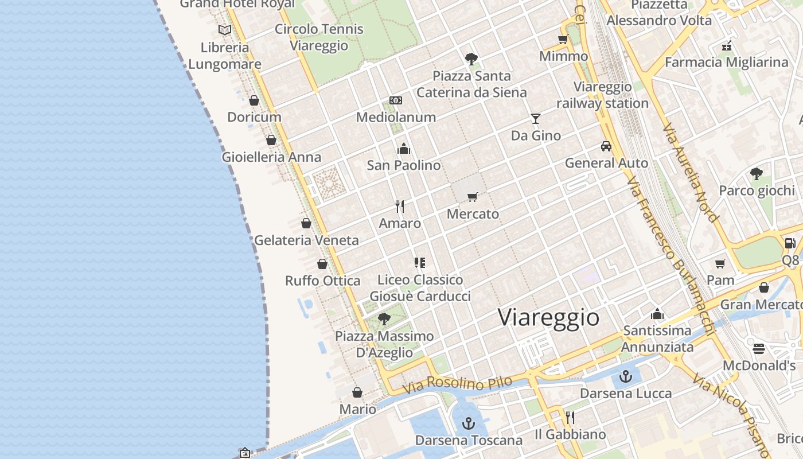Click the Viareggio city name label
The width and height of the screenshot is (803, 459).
(548, 317)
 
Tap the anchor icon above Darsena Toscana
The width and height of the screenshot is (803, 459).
(469, 423)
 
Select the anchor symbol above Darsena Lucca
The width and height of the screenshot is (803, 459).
(626, 376)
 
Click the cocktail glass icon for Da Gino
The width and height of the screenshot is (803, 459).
(536, 119)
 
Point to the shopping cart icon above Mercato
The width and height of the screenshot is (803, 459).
(473, 197)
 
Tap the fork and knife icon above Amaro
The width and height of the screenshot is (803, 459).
(400, 207)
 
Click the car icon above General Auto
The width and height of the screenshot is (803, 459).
(606, 146)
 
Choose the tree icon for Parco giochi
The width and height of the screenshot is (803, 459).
(757, 173)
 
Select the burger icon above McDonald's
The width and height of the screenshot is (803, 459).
(759, 349)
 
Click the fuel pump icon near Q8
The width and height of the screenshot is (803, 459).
(790, 243)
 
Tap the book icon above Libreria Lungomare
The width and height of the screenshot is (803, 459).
(225, 30)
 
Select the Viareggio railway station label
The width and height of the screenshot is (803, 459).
(602, 95)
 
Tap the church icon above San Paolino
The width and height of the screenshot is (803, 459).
(404, 149)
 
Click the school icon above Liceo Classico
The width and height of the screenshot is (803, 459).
(420, 263)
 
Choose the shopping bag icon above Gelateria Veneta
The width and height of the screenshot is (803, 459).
(306, 223)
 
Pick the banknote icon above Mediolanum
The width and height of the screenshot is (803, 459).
(396, 100)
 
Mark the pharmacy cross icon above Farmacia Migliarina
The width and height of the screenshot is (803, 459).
(727, 46)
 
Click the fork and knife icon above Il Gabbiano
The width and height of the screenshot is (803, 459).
(570, 417)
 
